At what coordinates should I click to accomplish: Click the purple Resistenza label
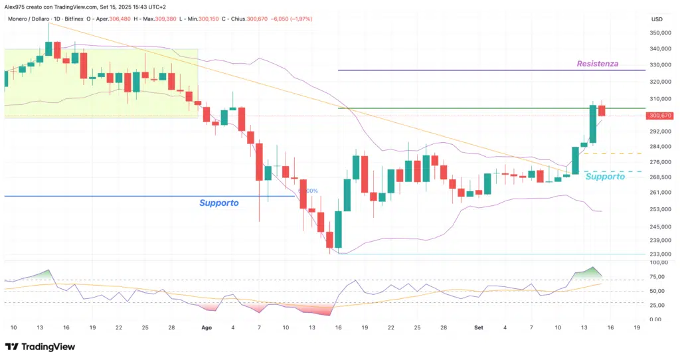597,64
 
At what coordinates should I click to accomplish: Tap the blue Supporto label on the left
218,203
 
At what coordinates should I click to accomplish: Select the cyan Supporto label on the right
604,177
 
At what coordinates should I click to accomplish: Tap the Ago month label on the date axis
206,327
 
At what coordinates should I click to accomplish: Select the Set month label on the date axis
479,327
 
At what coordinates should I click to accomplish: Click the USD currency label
657,19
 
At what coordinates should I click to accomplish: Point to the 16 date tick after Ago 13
338,327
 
